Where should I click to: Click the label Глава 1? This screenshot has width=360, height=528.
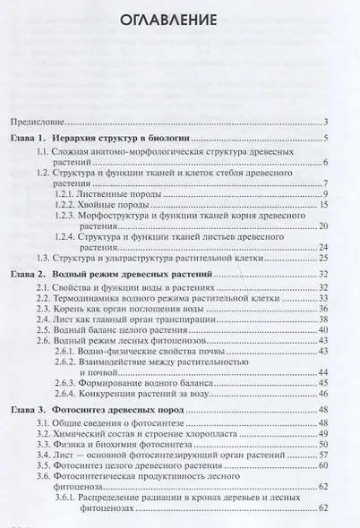29,138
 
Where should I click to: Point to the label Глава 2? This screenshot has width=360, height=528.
29,271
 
